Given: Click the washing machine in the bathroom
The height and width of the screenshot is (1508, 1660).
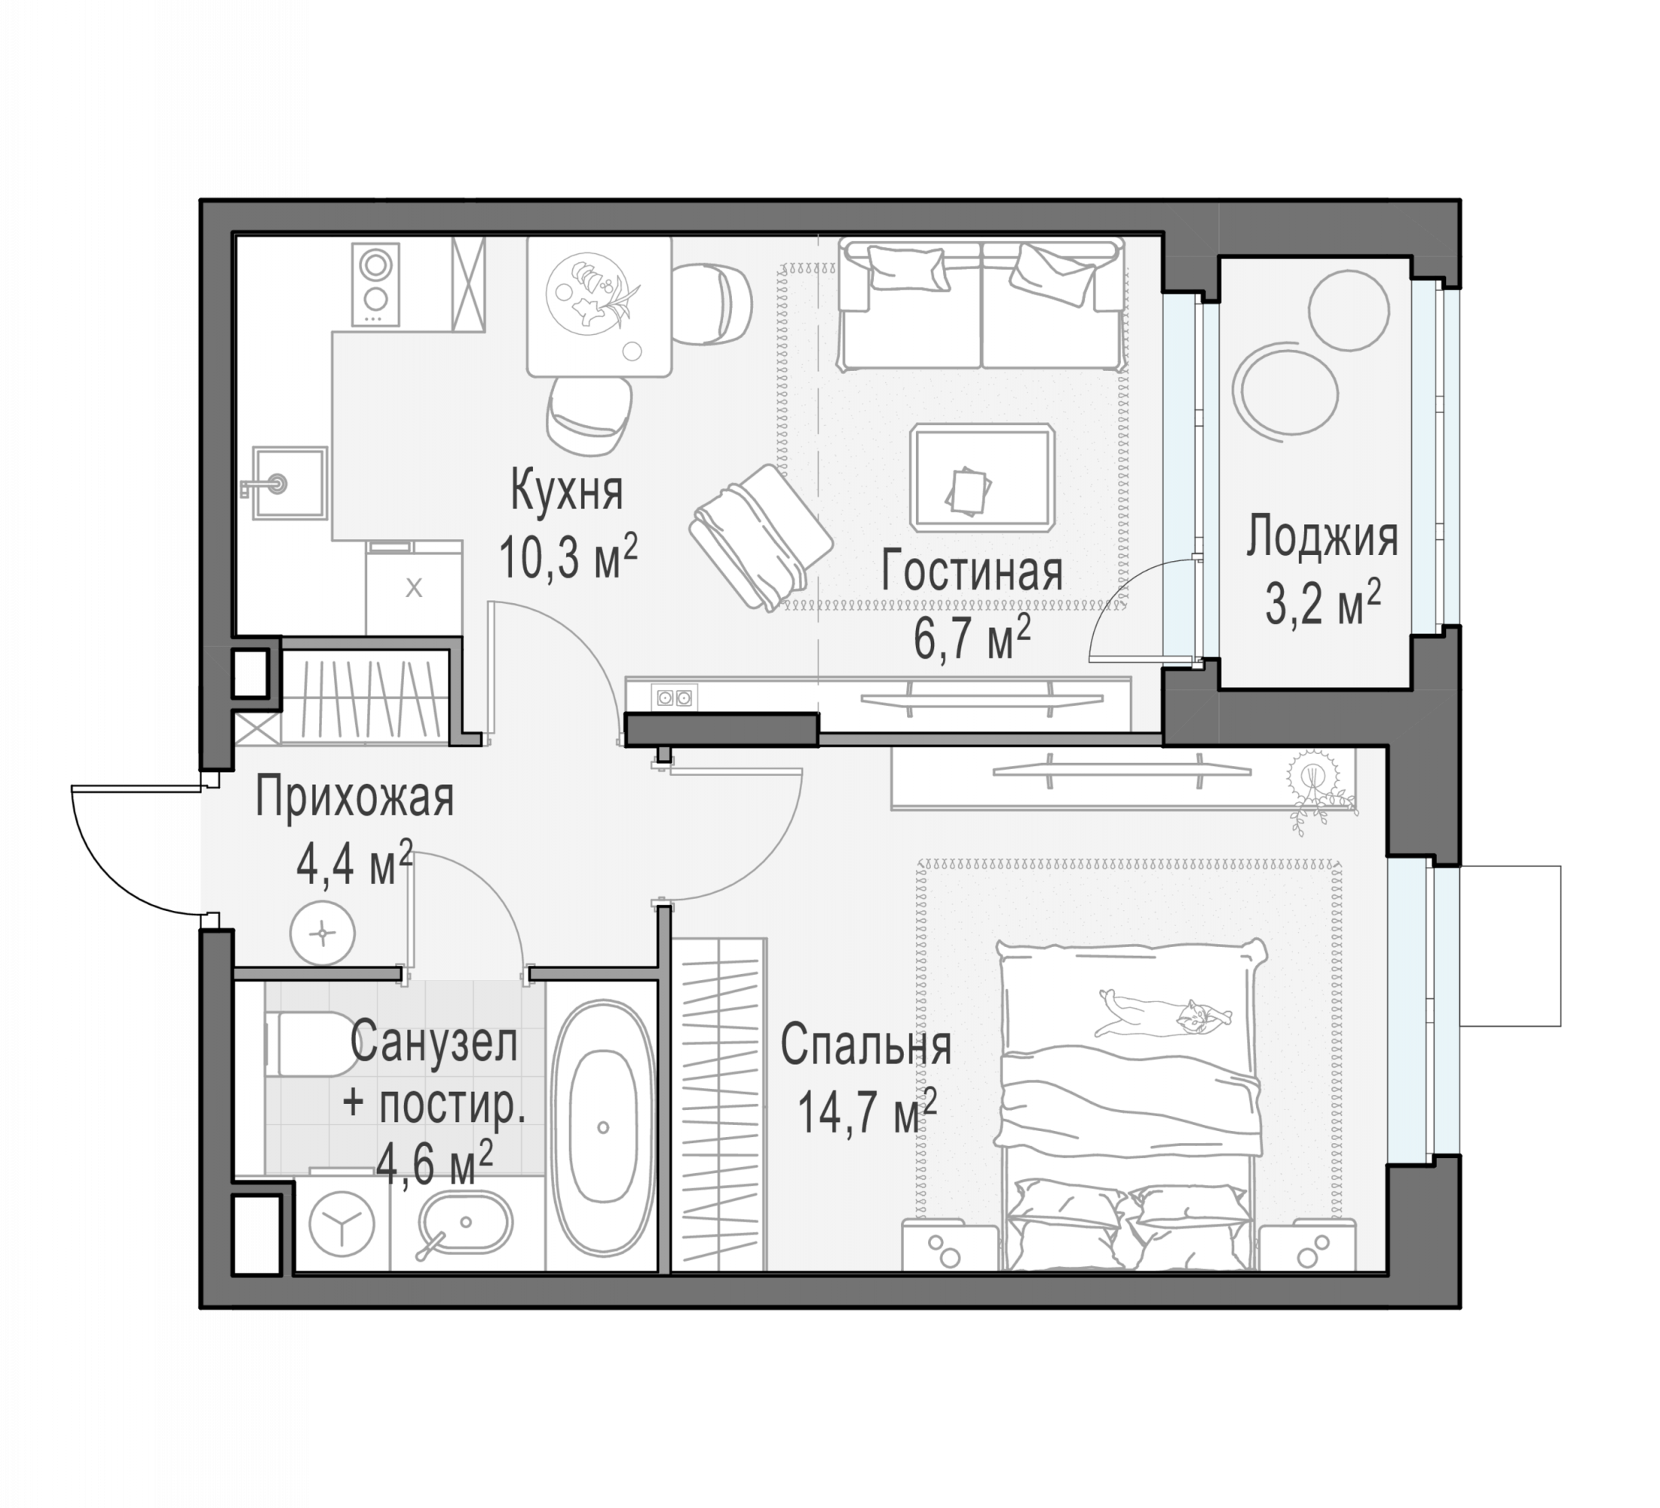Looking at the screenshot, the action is (341, 1223).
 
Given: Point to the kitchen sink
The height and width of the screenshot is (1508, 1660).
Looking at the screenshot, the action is (289, 483).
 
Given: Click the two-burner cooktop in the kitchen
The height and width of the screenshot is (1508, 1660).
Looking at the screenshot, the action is (375, 284).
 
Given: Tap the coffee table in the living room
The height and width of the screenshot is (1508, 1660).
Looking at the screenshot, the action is (982, 478).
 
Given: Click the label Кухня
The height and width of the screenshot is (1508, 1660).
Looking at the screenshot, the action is (566, 489).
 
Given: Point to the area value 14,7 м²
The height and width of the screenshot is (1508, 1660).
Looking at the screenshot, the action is (867, 1112).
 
